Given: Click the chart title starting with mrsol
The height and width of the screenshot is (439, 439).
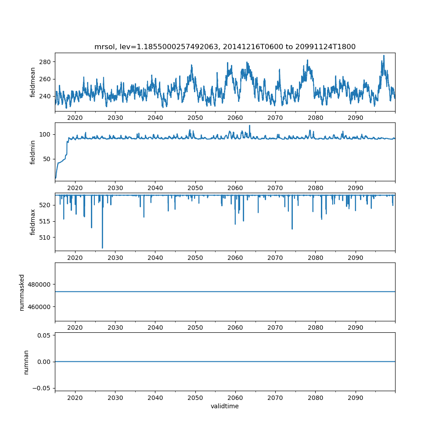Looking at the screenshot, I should [225, 47].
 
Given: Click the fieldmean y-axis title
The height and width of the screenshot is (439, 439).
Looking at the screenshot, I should [33, 82].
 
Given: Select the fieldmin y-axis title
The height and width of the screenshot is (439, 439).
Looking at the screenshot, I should [33, 152].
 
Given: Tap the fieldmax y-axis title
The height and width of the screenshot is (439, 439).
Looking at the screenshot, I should [33, 222].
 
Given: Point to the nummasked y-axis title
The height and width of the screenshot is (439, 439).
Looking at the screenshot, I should [22, 292].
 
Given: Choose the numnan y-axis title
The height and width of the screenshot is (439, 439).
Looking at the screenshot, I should [26, 362].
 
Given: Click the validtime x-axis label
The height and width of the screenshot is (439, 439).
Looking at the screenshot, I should [225, 406].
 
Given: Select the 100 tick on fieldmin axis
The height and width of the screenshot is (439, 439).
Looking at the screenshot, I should [46, 134].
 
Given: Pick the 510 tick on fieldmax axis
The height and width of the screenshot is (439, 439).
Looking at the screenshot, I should [46, 237].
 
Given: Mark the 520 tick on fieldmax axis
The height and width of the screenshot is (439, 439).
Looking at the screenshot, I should [46, 205].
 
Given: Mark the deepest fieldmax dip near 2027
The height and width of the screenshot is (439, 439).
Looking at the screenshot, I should [102, 248].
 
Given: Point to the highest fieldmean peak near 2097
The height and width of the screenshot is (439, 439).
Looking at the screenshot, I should [384, 56].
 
